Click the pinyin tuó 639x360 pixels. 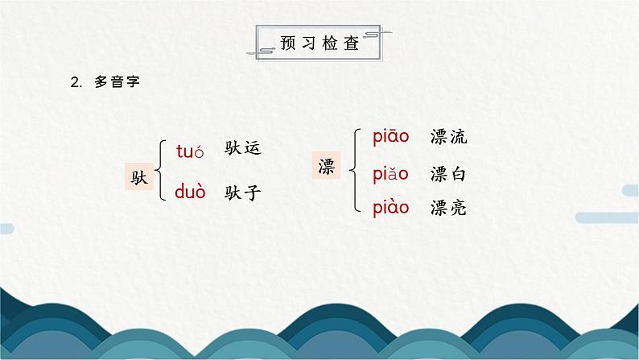[191, 149]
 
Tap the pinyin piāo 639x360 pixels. [391, 137]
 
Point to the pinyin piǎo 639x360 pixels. [391, 173]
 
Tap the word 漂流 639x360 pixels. [448, 137]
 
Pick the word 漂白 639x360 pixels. [448, 173]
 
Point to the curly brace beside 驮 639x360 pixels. [159, 170]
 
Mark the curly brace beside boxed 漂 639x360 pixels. [352, 170]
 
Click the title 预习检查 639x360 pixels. [319, 41]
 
